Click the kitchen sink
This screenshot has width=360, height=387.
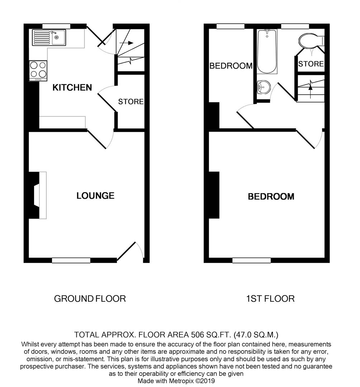49,37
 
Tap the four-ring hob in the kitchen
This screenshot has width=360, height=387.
38,70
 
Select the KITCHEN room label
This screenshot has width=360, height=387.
72,87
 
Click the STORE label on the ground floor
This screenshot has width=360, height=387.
131,102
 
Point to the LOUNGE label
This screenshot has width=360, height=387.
95,196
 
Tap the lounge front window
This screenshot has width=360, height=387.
71,261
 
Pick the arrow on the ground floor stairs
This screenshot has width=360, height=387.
125,43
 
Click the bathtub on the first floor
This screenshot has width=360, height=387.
267,51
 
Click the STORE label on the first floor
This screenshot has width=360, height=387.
311,64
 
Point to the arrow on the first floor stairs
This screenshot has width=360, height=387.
311,88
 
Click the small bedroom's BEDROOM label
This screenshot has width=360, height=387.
231,66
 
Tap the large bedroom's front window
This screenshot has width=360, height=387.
251,261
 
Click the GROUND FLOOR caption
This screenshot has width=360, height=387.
90,298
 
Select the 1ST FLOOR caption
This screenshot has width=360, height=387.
270,298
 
